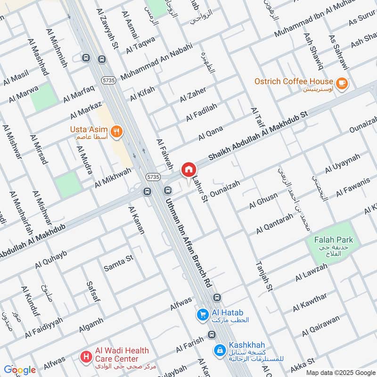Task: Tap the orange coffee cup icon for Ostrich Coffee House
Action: tap(342, 82)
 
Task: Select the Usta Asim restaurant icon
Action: tap(116, 131)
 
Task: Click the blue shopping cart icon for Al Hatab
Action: tap(203, 313)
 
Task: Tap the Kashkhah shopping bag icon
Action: tap(219, 350)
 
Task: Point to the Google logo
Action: tap(20, 370)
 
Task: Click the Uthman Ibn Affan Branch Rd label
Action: tap(187, 241)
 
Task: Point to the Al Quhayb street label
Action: tap(51, 260)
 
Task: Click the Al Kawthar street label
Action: tap(309, 302)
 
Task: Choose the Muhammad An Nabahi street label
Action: tap(156, 61)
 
